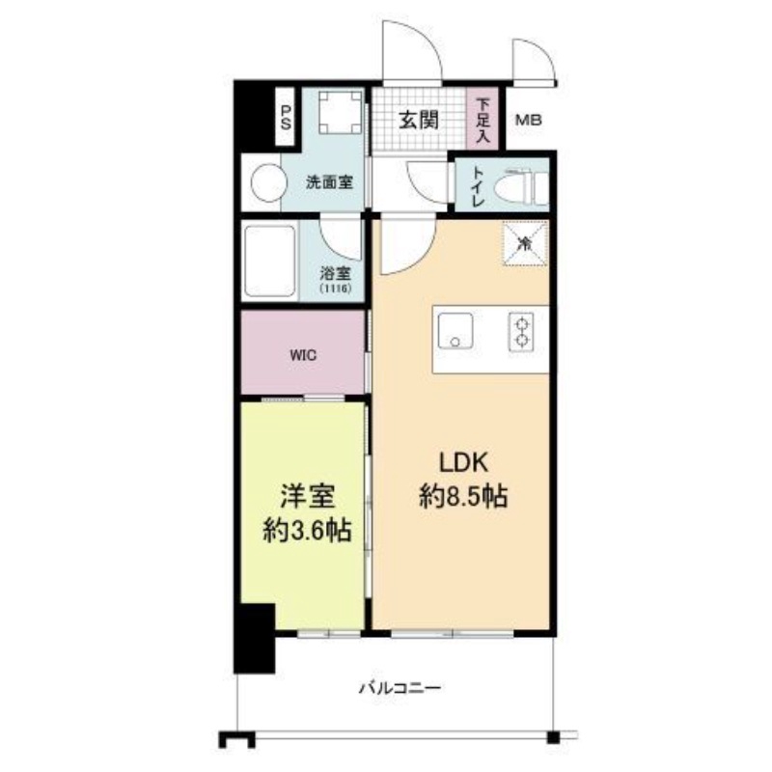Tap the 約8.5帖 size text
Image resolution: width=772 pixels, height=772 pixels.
(463, 498)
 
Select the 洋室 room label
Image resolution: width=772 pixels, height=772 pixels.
(308, 498)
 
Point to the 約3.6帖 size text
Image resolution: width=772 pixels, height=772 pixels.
(308, 530)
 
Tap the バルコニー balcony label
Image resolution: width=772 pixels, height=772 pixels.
(400, 689)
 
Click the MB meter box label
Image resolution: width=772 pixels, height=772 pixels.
(528, 121)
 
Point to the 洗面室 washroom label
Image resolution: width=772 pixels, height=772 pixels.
(328, 181)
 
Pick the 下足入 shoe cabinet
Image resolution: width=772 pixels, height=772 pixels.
(482, 119)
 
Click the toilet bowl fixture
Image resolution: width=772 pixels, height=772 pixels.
(521, 184)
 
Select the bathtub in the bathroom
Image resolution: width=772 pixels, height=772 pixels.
(270, 262)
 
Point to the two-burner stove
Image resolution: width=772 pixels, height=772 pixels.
(523, 331)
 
